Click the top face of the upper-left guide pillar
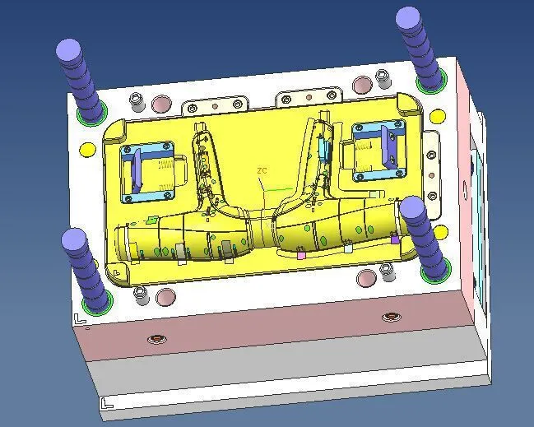68,50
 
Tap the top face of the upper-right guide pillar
408,17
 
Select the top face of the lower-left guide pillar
73,239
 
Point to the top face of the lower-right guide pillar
411,207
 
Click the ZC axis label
262,170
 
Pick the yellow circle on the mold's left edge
87,150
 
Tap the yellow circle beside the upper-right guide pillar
438,117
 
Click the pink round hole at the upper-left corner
161,104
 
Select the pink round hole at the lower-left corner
166,297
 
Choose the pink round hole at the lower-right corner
366,279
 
